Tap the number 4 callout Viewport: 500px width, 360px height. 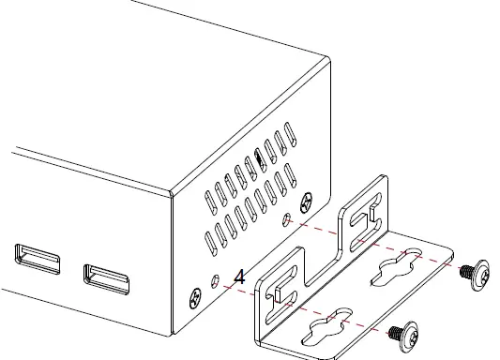tap(239, 277)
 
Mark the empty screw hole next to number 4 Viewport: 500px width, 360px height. tap(219, 280)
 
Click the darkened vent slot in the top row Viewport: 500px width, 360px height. tap(259, 162)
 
